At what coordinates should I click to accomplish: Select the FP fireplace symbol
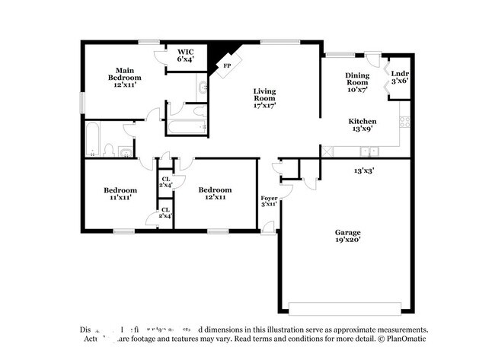click(x=226, y=65)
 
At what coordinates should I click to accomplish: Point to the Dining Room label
click(x=357, y=79)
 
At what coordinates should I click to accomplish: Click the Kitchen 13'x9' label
click(x=362, y=126)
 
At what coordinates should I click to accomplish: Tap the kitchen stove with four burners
click(x=407, y=122)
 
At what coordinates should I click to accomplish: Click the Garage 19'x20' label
click(x=347, y=236)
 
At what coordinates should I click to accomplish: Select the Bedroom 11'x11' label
click(x=120, y=194)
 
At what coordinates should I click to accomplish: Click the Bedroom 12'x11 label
click(x=215, y=194)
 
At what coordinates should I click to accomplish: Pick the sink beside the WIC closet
click(x=201, y=89)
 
